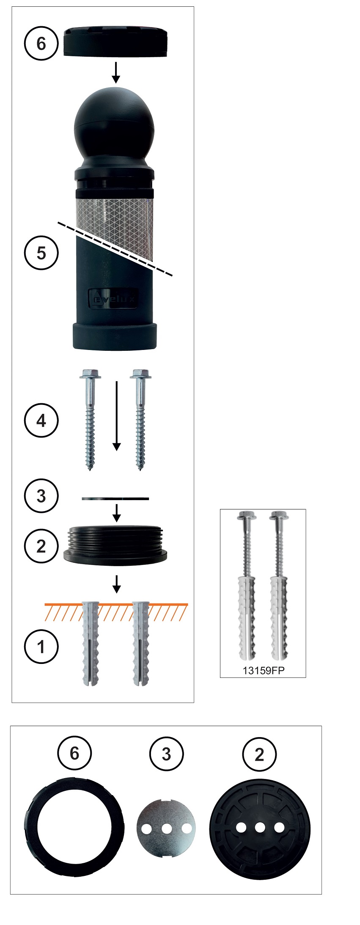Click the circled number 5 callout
(41, 253)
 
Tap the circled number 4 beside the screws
(41, 421)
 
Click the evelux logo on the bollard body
(113, 299)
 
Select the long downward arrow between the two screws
(117, 415)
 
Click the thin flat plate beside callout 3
(115, 499)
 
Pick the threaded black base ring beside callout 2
(115, 544)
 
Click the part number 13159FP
(263, 670)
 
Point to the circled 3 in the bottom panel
(166, 753)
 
